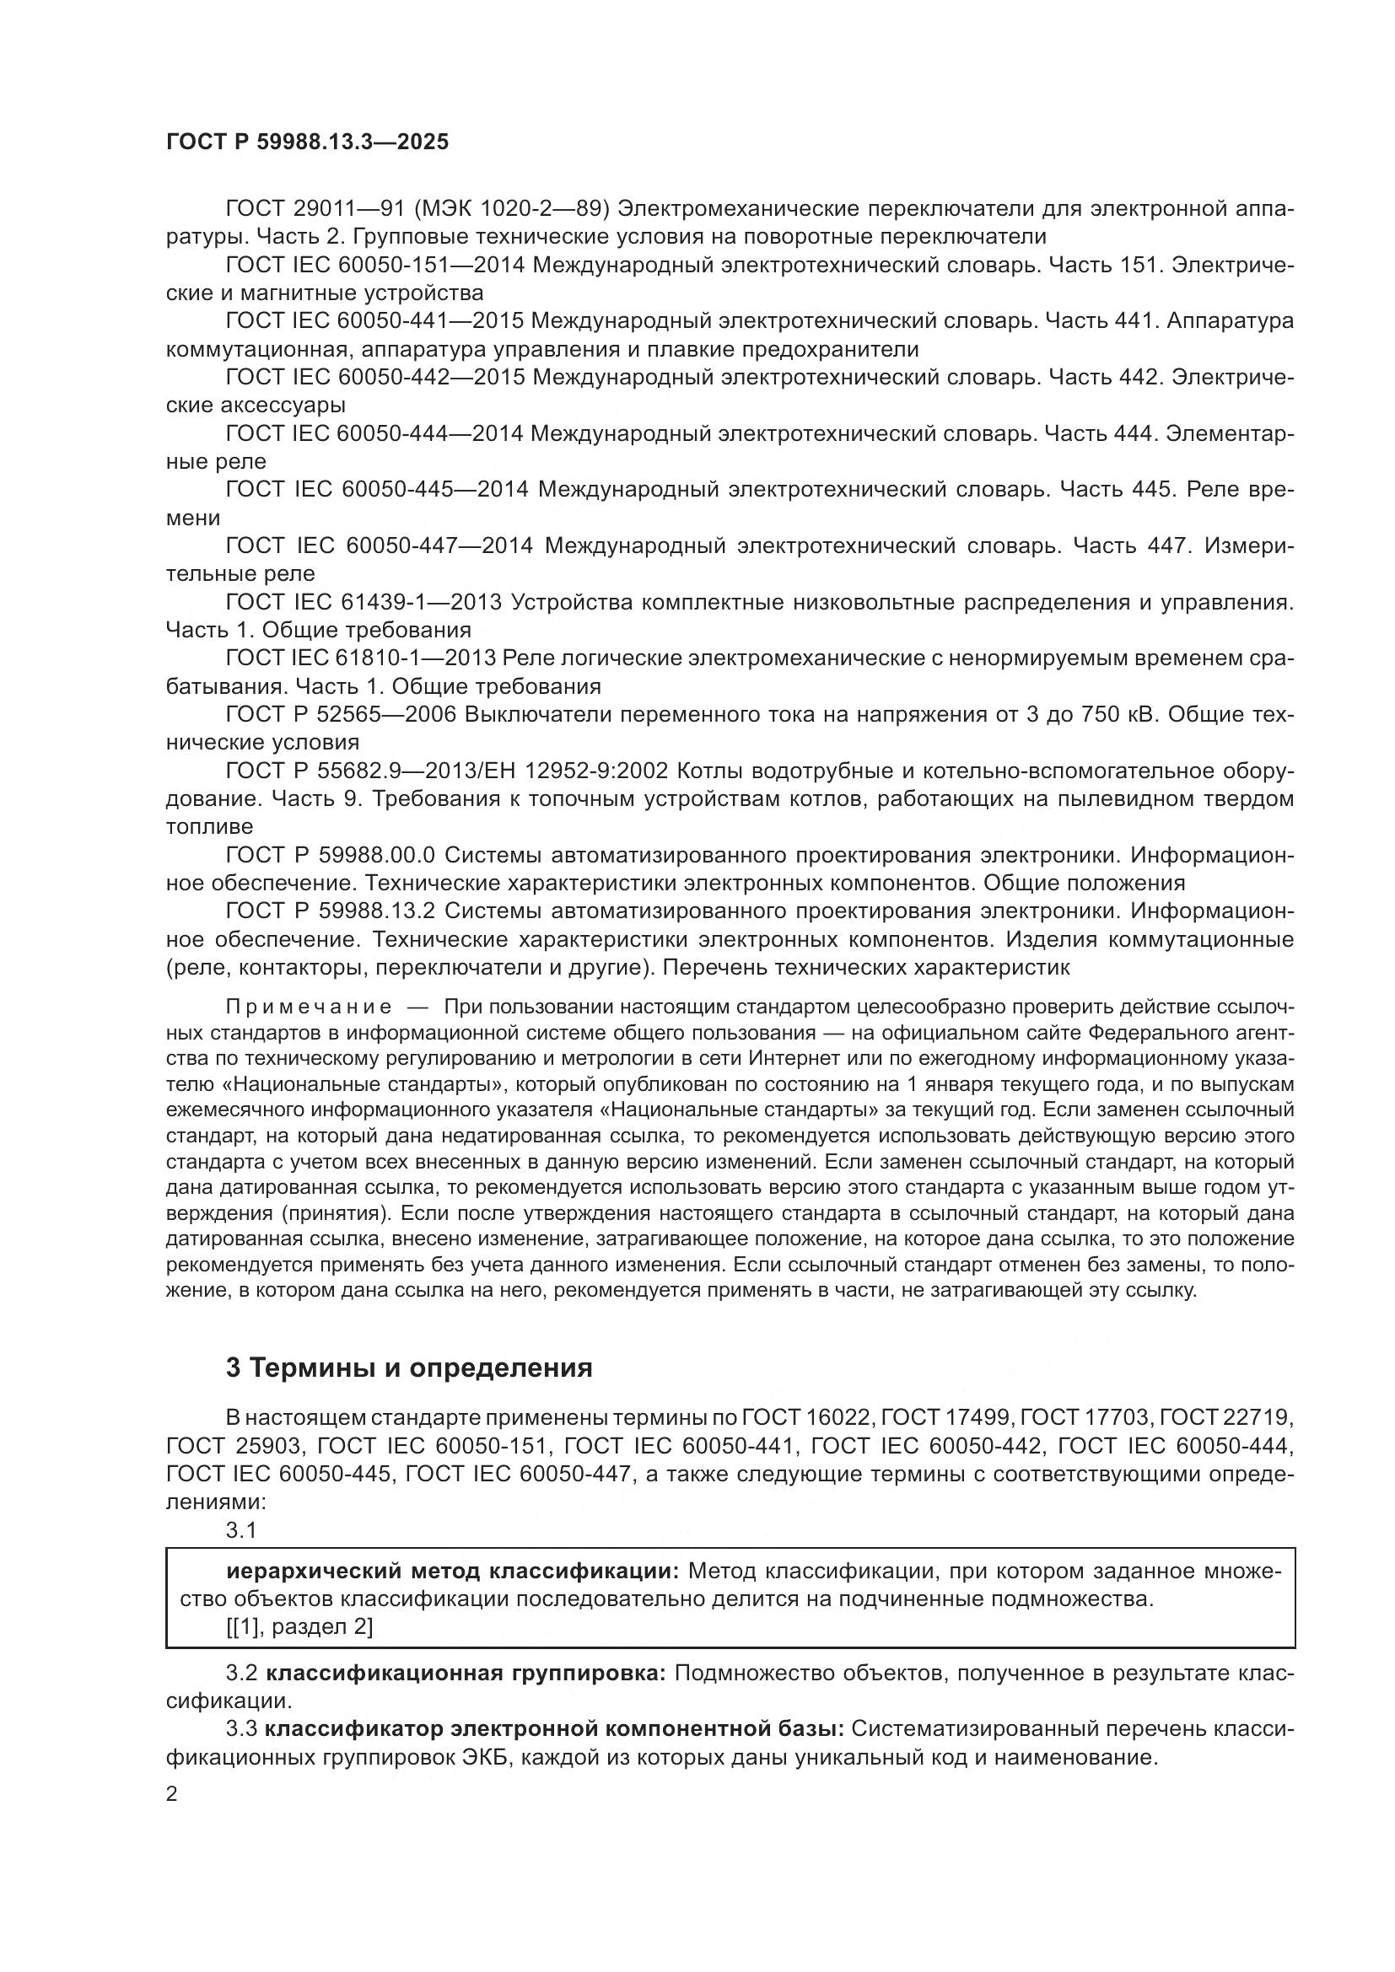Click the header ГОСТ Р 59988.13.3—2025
click(307, 142)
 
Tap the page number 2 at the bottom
click(172, 1794)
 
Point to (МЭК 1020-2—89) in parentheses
click(528, 209)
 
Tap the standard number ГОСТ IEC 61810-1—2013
click(360, 658)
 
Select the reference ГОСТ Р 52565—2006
click(341, 715)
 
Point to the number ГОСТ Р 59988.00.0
click(331, 855)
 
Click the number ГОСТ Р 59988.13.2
click(331, 911)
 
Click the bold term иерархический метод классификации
click(453, 1572)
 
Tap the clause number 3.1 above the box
click(241, 1529)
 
